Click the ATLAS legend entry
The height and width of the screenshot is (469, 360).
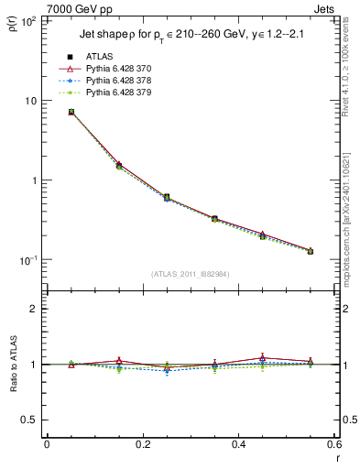[99, 57]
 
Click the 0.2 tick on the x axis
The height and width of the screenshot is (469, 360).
[142, 444]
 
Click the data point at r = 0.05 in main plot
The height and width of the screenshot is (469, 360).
[71, 112]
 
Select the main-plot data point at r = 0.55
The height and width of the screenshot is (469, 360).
[311, 251]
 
